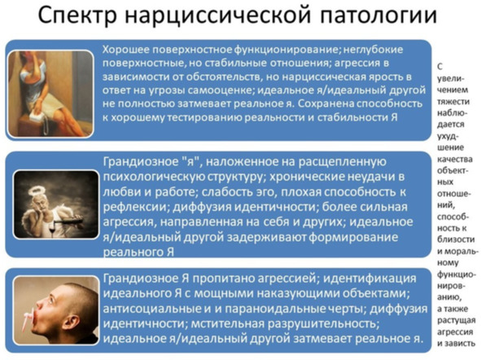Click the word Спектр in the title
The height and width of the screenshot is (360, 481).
(x=77, y=15)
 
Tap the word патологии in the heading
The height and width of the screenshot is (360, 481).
(x=378, y=15)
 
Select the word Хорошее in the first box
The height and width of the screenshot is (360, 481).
(x=126, y=50)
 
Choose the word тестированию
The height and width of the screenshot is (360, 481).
(x=204, y=117)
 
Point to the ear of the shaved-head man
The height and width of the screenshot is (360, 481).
(x=72, y=322)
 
